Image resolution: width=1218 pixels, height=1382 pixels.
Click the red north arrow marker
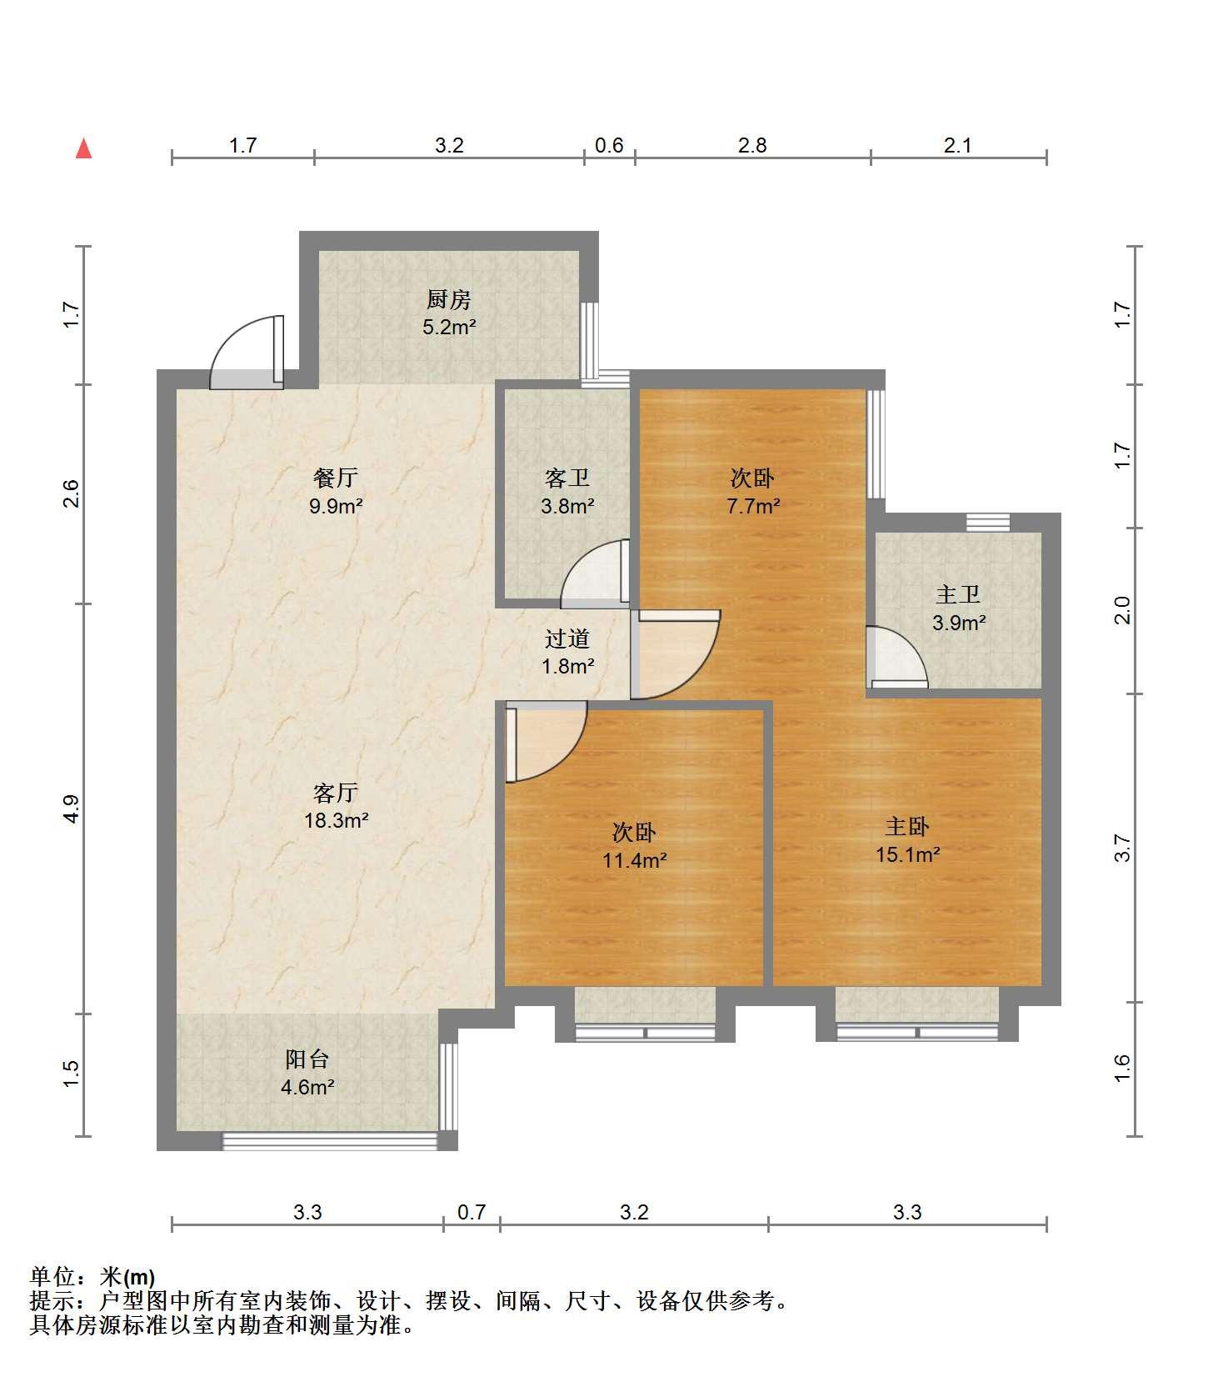tap(83, 148)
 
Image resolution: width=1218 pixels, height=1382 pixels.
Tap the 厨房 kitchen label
tap(449, 298)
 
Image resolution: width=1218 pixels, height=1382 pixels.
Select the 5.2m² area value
tap(449, 327)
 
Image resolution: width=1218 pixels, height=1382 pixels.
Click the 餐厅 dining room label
tap(336, 478)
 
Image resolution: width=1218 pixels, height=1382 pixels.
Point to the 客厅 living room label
tap(336, 792)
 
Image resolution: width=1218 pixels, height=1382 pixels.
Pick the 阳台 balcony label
tap(307, 1059)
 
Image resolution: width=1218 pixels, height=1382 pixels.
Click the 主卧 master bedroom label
tap(907, 826)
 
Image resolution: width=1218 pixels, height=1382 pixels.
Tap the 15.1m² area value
tap(907, 854)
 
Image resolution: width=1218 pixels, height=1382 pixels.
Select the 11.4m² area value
tap(635, 860)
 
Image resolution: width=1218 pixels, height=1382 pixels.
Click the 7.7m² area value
tap(753, 506)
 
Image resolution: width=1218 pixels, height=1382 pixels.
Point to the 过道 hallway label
tap(567, 638)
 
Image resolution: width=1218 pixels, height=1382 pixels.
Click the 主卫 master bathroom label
tap(958, 594)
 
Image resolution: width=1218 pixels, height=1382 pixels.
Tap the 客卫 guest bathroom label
tap(567, 478)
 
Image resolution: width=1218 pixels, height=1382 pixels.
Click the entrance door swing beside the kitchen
tap(247, 352)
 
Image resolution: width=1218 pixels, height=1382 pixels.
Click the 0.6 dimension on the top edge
tap(609, 145)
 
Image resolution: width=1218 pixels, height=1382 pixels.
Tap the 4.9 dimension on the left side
tap(72, 809)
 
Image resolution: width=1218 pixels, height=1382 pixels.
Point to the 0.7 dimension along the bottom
tap(472, 1212)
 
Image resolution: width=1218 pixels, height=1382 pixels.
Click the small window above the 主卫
tap(988, 523)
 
